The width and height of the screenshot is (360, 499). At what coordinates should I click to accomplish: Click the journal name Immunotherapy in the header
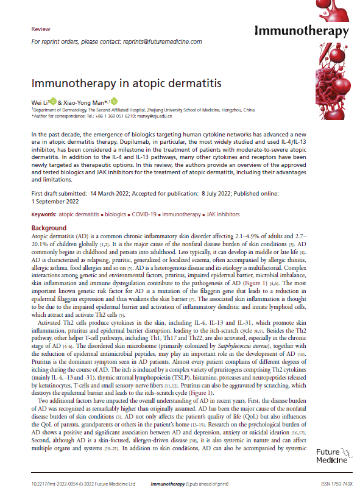pos(302,31)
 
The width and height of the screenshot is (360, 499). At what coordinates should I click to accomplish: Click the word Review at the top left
pos(40,29)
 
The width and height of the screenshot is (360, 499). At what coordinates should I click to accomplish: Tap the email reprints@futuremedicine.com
pos(163,41)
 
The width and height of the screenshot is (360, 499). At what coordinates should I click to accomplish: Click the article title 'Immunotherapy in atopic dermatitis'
pos(126,83)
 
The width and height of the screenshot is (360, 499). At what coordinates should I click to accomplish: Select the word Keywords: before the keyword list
pos(44,214)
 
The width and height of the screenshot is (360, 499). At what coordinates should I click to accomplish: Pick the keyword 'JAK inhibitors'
pos(222,214)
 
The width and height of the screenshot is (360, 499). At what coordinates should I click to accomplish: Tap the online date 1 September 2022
pos(56,200)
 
